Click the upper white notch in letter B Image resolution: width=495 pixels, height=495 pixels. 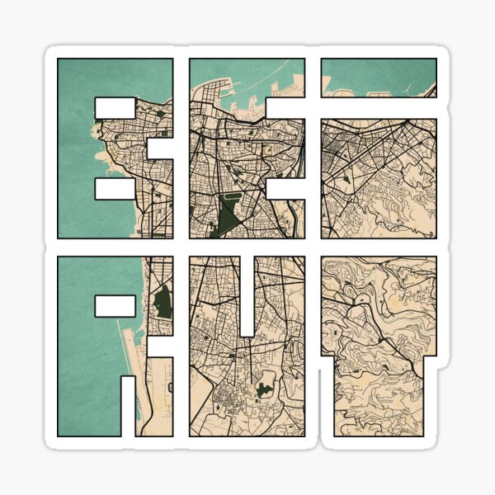(115, 107)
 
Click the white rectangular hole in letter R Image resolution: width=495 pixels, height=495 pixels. (115, 306)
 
